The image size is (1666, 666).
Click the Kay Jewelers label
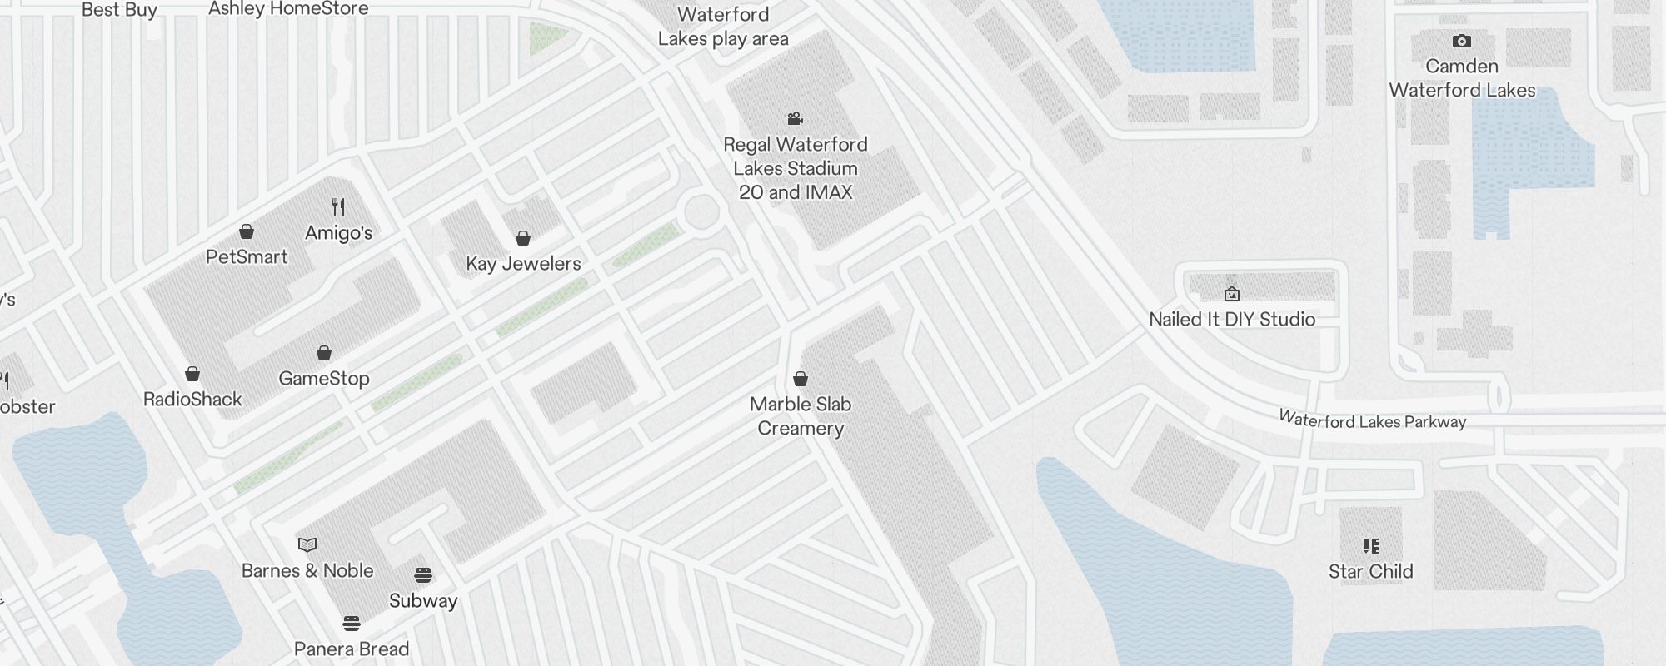coord(523,264)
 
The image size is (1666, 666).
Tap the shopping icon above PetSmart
coord(247,231)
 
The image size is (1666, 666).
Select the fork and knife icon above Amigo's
coord(338,206)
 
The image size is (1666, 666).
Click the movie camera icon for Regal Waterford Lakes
coord(796,119)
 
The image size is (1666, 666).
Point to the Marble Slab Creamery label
coord(801,416)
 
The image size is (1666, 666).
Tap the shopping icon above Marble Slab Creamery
coord(801,380)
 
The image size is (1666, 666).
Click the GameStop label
coord(324,379)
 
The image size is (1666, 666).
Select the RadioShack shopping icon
coord(192,374)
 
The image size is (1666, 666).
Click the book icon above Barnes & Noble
coord(307,545)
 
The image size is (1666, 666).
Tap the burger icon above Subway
coord(423,575)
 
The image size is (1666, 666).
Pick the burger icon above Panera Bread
coord(352,624)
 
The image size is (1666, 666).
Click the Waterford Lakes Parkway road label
coord(1372,420)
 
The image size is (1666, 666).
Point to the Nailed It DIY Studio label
coord(1232,320)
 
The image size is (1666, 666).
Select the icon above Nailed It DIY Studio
coord(1232,294)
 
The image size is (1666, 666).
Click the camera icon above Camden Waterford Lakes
coord(1462,42)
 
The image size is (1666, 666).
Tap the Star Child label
coord(1370,572)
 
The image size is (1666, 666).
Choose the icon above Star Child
coord(1370,546)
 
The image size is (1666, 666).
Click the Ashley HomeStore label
coord(288,9)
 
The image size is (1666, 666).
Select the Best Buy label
coord(119,10)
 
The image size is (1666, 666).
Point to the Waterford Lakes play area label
coord(723,27)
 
